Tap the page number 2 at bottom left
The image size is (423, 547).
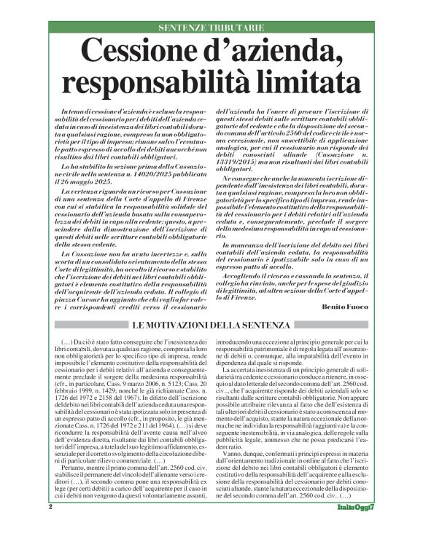(50, 527)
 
